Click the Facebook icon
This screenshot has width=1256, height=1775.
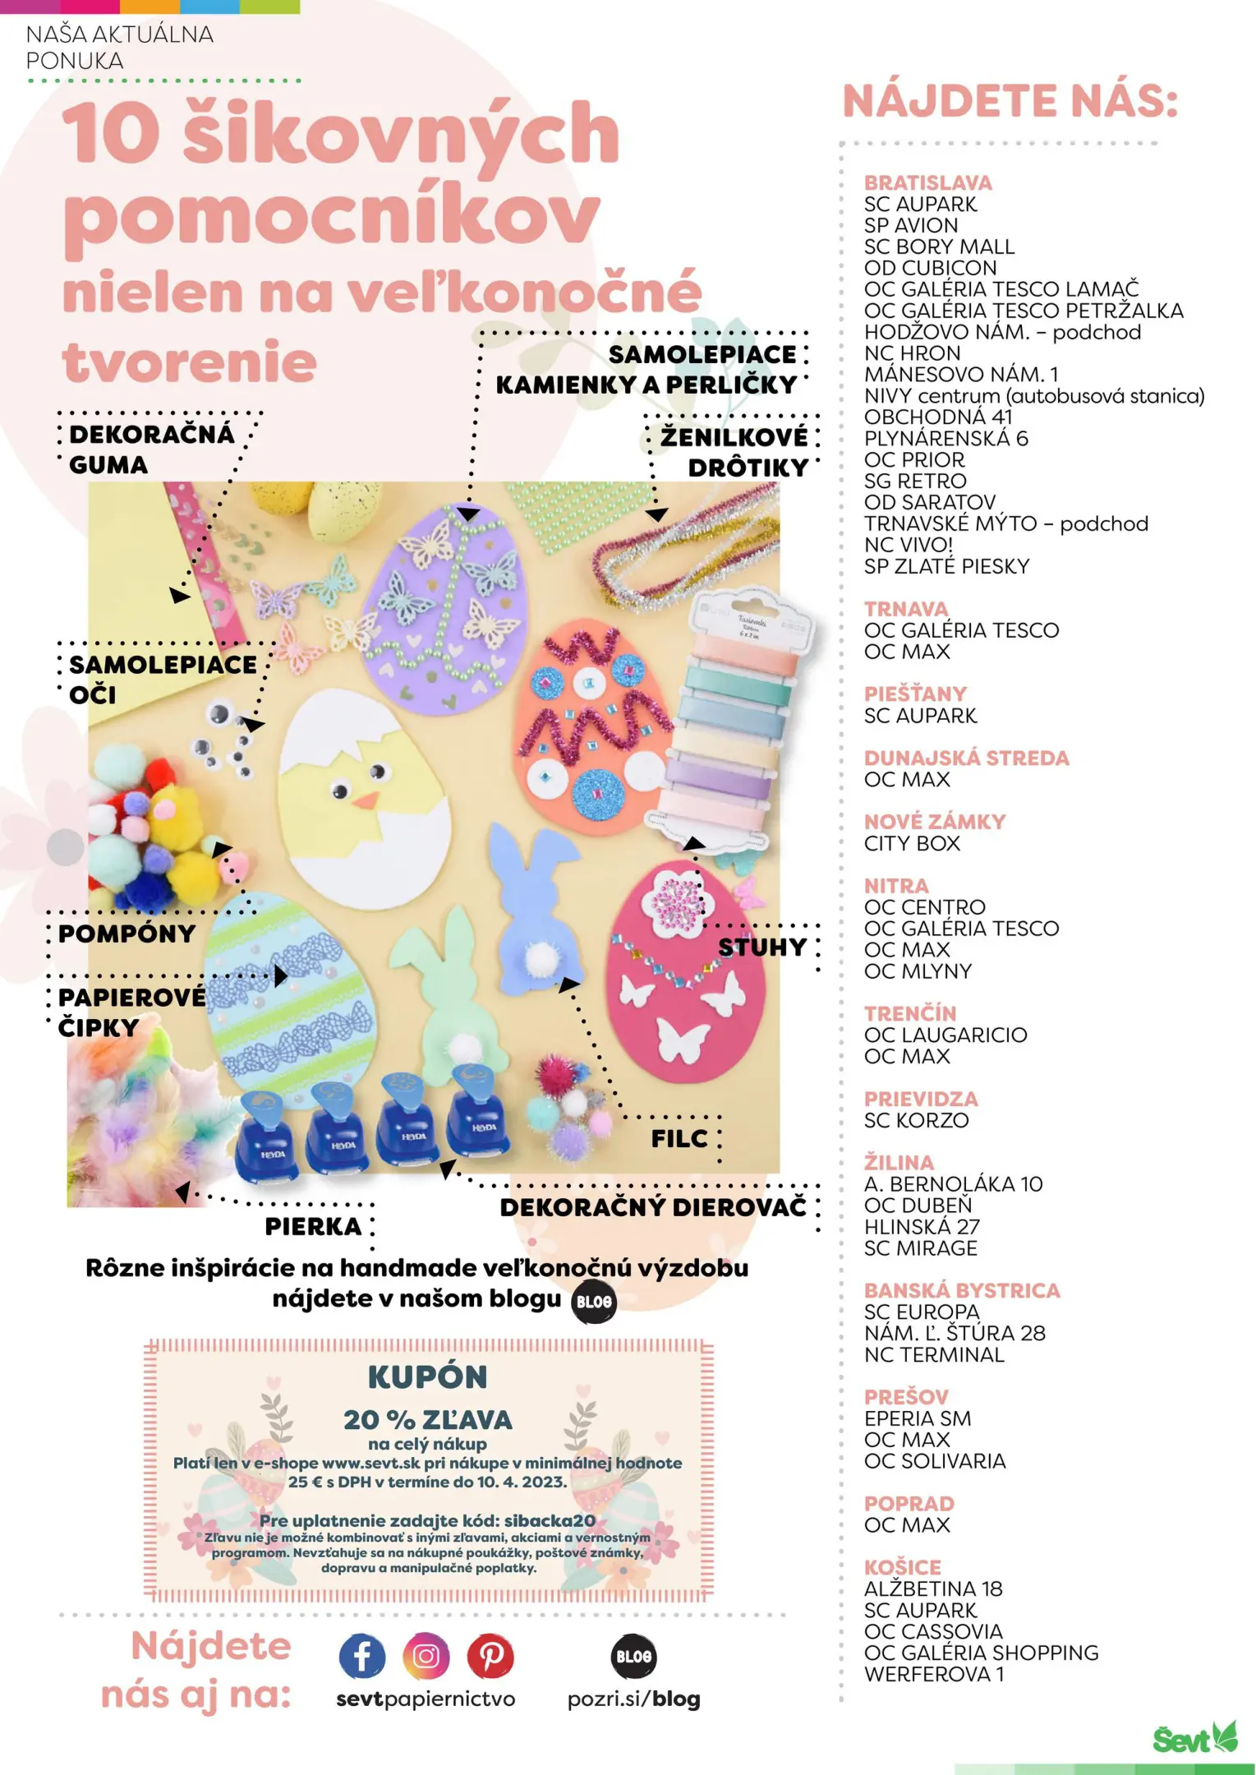[361, 1656]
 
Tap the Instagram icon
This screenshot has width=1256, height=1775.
[426, 1656]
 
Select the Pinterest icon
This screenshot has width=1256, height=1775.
[490, 1656]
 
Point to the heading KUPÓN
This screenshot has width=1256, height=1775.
[427, 1377]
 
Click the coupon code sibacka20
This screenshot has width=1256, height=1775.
[550, 1520]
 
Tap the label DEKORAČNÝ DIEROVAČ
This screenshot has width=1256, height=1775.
[653, 1207]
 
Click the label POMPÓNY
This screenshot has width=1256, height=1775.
[127, 934]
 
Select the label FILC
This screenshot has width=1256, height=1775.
[679, 1138]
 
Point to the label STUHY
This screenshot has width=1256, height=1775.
[762, 947]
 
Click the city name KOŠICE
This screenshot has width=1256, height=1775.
[902, 1567]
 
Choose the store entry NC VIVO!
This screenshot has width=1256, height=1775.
[908, 545]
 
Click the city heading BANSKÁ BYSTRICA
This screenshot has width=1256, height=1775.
[961, 1290]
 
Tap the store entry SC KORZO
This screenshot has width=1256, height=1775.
[916, 1120]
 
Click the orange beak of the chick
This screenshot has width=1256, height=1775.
[366, 800]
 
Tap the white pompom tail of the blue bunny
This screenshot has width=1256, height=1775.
[541, 957]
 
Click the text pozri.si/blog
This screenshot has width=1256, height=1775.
[633, 1699]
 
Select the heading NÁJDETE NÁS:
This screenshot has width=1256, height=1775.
[1010, 102]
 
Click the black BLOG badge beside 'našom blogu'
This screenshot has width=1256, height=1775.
[593, 1302]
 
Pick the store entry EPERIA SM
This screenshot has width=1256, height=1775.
[917, 1418]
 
